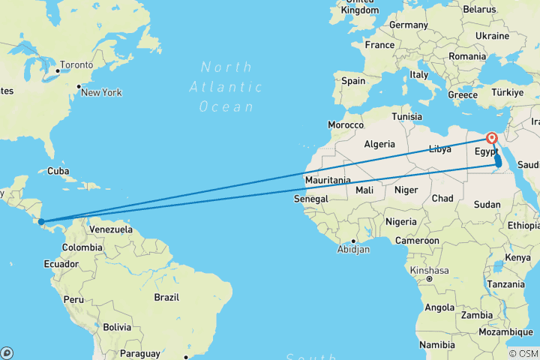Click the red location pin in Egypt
point(492,139)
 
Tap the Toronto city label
point(76,65)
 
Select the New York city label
point(101,93)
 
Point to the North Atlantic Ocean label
point(226,87)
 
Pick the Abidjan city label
point(353,249)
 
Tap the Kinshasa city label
point(430,270)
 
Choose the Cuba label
point(58,170)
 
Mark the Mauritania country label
point(328,181)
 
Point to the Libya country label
point(440,148)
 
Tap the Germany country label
point(408,25)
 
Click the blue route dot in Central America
point(42,221)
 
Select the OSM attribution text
point(525,354)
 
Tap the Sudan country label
point(487,204)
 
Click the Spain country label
point(353,80)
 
